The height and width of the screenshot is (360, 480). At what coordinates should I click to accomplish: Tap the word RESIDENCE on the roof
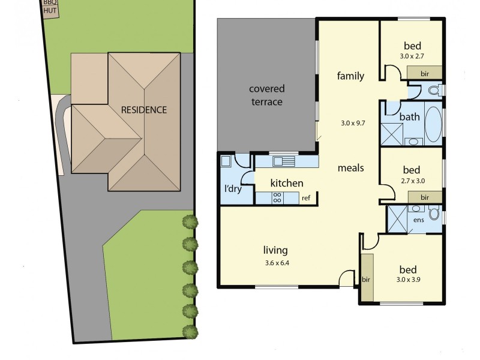[144, 110]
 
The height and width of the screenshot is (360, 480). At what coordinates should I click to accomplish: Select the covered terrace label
[266, 95]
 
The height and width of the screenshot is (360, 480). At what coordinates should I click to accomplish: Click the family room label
[350, 76]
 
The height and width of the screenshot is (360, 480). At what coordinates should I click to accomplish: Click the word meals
[350, 167]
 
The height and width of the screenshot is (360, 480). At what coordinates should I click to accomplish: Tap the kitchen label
[287, 183]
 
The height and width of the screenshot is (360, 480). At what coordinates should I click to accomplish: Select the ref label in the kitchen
[306, 197]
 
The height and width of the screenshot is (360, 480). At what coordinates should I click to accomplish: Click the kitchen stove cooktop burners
[278, 197]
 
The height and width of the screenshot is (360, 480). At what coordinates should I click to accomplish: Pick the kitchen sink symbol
[283, 161]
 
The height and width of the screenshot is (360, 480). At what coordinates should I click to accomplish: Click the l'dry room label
[233, 189]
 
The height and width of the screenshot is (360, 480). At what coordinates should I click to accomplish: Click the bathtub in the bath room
[433, 123]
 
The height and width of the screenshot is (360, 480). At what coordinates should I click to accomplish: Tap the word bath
[409, 117]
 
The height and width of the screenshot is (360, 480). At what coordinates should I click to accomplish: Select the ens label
[419, 220]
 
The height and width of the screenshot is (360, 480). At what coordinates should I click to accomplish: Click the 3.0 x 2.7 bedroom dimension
[412, 56]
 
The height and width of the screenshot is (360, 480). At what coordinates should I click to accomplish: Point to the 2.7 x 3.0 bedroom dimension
[412, 181]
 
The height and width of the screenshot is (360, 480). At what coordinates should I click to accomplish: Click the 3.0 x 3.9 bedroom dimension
[408, 280]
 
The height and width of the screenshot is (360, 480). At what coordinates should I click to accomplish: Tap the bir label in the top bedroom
[425, 73]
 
